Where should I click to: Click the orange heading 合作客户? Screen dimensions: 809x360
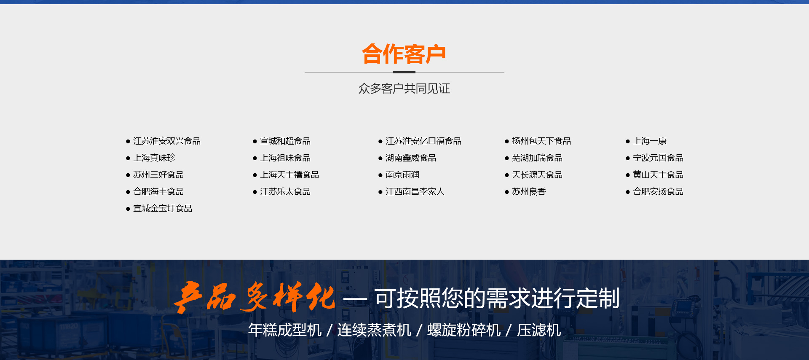pos(404,54)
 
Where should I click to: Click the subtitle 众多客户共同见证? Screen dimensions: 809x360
pos(404,89)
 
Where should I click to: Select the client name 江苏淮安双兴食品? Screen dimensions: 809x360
pos(167,141)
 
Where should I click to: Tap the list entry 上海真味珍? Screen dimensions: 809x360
pos(154,158)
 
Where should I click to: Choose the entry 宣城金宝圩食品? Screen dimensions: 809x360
pos(163,208)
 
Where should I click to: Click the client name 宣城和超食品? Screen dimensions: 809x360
pos(285,141)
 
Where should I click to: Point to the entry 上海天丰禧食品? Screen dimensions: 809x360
pos(289,175)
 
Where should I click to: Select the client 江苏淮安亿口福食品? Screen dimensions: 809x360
pos(423,141)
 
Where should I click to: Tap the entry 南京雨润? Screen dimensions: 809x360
pos(402,175)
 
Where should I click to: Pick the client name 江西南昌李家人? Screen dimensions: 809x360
pos(415,191)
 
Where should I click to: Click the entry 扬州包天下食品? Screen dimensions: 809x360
pos(541,141)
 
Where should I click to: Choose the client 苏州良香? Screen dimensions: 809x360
pos(529,191)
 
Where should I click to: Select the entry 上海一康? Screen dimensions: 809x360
pos(650,141)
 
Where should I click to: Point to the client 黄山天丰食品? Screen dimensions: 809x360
pos(658,175)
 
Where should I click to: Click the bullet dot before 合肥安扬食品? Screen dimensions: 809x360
pos(628,192)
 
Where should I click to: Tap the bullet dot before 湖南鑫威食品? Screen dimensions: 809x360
pos(380,159)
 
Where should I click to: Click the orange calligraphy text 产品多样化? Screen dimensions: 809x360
pos(254,297)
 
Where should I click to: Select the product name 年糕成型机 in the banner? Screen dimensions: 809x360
pos(285,330)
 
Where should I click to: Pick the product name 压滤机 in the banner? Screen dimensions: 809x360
pos(539,330)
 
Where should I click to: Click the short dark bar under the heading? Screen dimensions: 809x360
pos(404,72)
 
